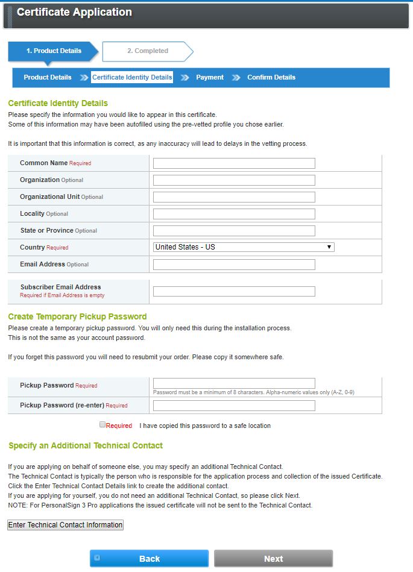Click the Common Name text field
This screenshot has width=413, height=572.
click(234, 163)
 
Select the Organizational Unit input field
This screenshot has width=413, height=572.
click(234, 197)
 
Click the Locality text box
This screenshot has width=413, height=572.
click(234, 214)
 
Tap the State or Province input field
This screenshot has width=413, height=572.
click(234, 231)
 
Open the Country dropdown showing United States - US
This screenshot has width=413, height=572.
click(244, 247)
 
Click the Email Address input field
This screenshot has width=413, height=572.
click(234, 265)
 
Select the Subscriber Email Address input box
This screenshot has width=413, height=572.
click(234, 292)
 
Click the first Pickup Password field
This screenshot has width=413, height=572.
click(234, 383)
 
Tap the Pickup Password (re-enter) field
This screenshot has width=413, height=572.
click(234, 406)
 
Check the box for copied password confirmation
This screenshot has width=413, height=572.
click(102, 425)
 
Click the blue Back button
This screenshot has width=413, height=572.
click(149, 559)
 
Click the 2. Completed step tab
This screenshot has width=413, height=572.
click(148, 51)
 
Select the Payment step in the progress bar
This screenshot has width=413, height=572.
click(210, 77)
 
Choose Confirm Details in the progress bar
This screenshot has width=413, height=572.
click(271, 77)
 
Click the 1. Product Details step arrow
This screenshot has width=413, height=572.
click(53, 51)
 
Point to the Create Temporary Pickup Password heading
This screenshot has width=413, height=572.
click(77, 316)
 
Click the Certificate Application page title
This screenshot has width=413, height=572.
click(74, 12)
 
